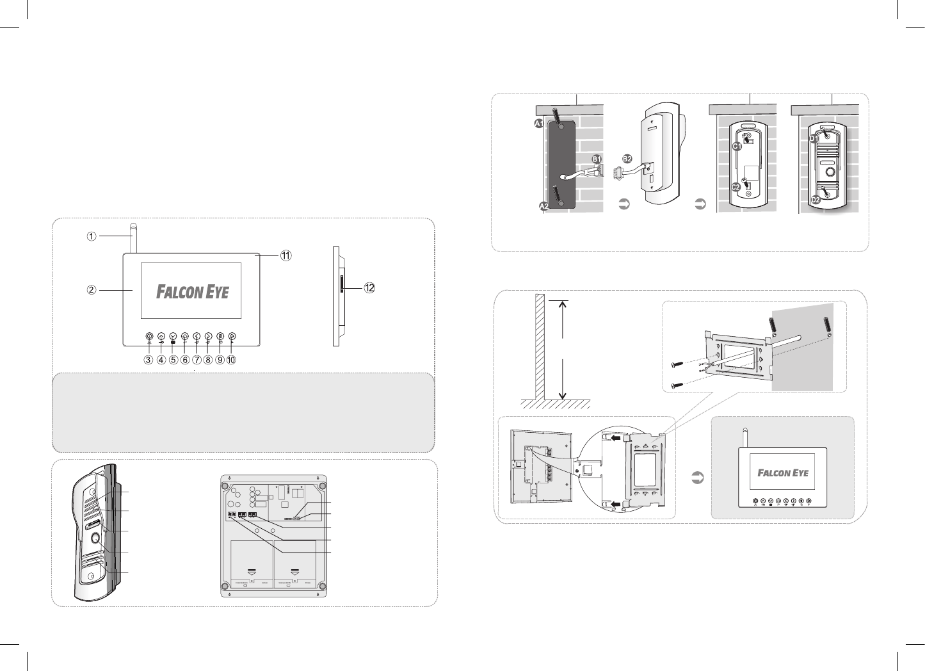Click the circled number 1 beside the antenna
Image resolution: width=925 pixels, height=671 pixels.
coord(92,236)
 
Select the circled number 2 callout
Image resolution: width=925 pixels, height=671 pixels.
coord(92,289)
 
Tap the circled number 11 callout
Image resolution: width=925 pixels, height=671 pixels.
coord(285,255)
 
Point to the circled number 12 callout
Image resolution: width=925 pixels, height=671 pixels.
coord(369,288)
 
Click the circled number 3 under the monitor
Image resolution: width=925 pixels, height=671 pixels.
coord(149,360)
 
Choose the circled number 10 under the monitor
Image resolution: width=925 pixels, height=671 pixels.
coord(231,360)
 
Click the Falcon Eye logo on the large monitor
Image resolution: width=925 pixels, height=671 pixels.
coord(193,292)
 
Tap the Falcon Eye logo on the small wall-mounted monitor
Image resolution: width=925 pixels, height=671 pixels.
coord(783,473)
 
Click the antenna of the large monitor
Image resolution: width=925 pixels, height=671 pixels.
coord(133,238)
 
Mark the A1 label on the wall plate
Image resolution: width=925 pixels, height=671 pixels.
coord(540,124)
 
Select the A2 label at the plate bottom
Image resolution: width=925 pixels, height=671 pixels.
coord(543,207)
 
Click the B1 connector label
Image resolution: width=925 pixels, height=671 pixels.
coord(597,159)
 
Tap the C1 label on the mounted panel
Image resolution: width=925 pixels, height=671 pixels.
coord(737,147)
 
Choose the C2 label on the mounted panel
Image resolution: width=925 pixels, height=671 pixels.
coord(737,188)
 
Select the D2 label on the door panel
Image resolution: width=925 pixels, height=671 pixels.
coord(816,200)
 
